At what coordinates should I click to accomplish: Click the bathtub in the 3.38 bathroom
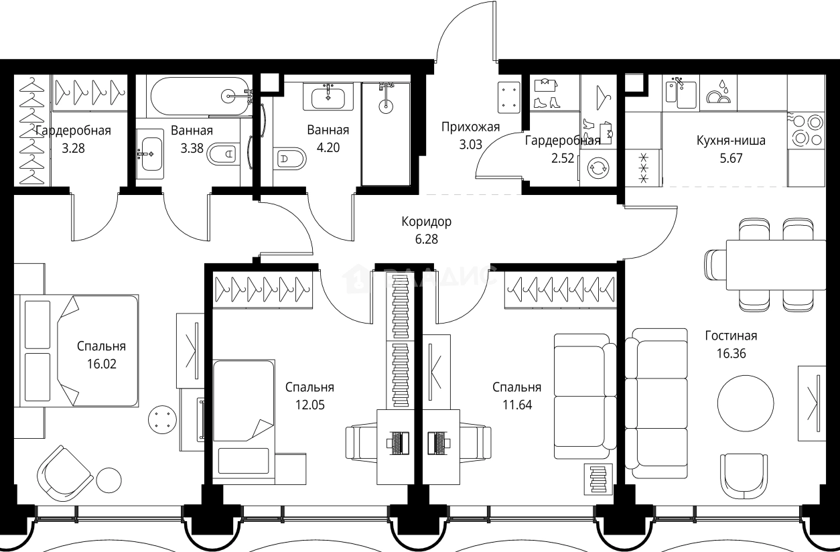pos(201,96)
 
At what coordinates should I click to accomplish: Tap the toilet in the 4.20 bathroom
pos(290,159)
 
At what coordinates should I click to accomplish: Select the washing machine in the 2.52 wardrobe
pos(598,168)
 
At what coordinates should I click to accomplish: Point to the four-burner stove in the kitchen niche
pos(807,130)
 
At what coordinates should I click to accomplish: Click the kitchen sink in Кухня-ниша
pos(681,92)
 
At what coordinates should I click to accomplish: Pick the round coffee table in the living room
pos(746,403)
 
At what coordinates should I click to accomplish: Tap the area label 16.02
pos(102,364)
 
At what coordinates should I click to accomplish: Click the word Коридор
pos(427,222)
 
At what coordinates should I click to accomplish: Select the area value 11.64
pos(517,405)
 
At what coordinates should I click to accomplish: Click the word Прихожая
pos(470,127)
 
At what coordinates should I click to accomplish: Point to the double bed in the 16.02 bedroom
pos(76,350)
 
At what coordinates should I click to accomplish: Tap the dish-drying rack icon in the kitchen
pos(719,92)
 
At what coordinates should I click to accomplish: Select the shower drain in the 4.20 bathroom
pos(385,106)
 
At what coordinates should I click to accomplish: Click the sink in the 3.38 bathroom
pos(150,154)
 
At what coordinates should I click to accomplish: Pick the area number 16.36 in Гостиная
pos(731,353)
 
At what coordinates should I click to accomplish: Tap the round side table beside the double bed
pos(162,419)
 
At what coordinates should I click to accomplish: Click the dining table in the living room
pos(776,265)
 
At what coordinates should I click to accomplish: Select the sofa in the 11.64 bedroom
pos(585,397)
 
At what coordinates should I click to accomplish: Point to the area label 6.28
pos(427,239)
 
